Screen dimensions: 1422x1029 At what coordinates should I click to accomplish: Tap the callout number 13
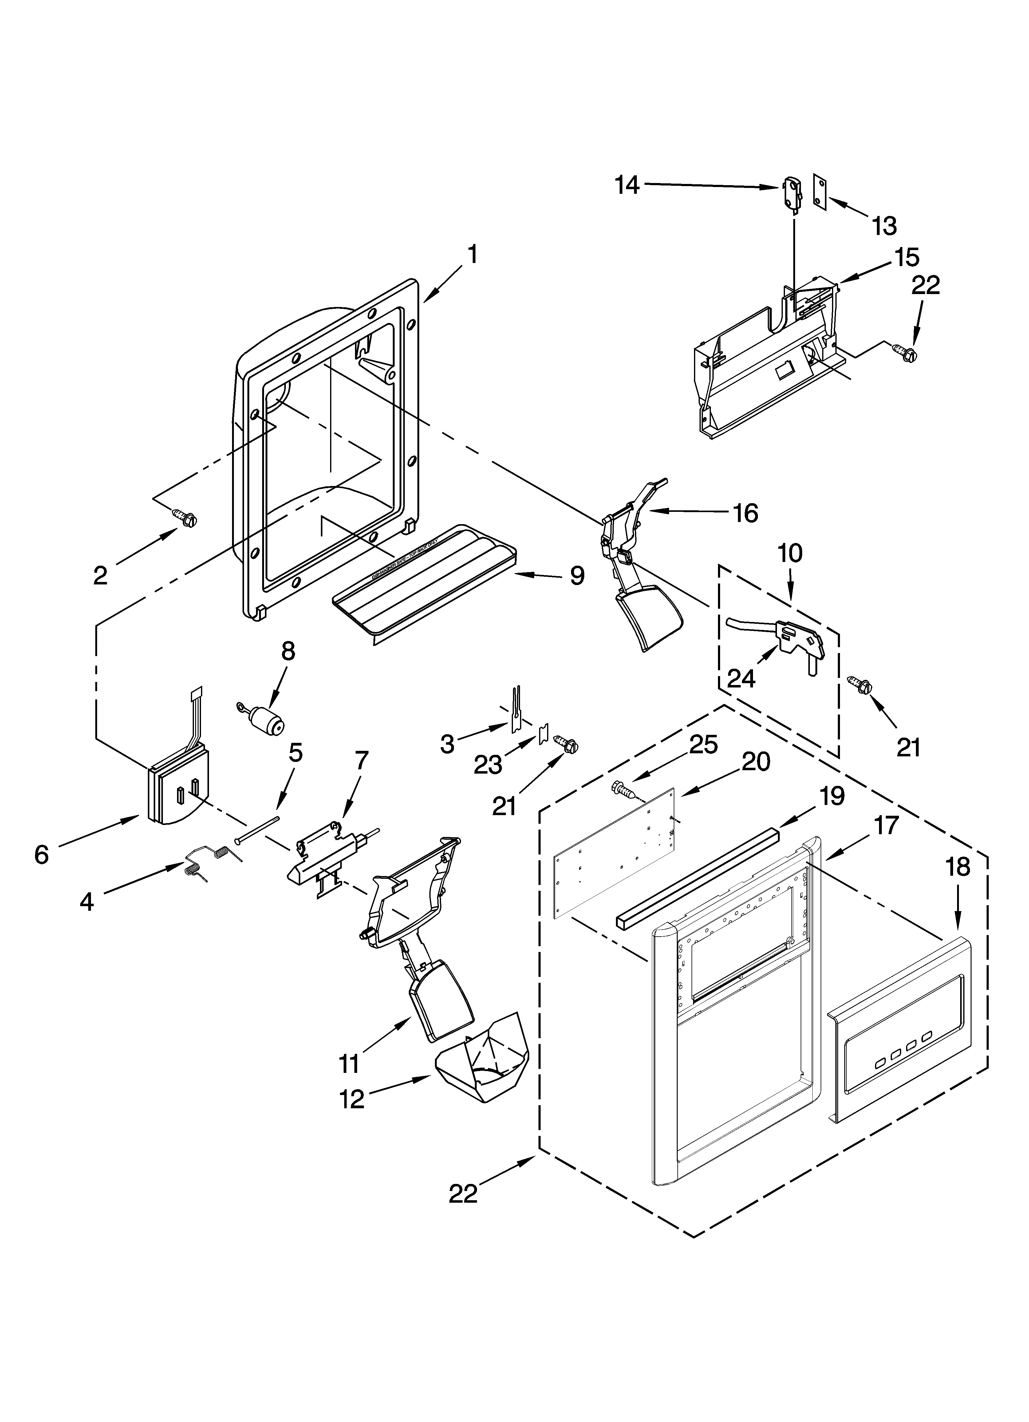(884, 226)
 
